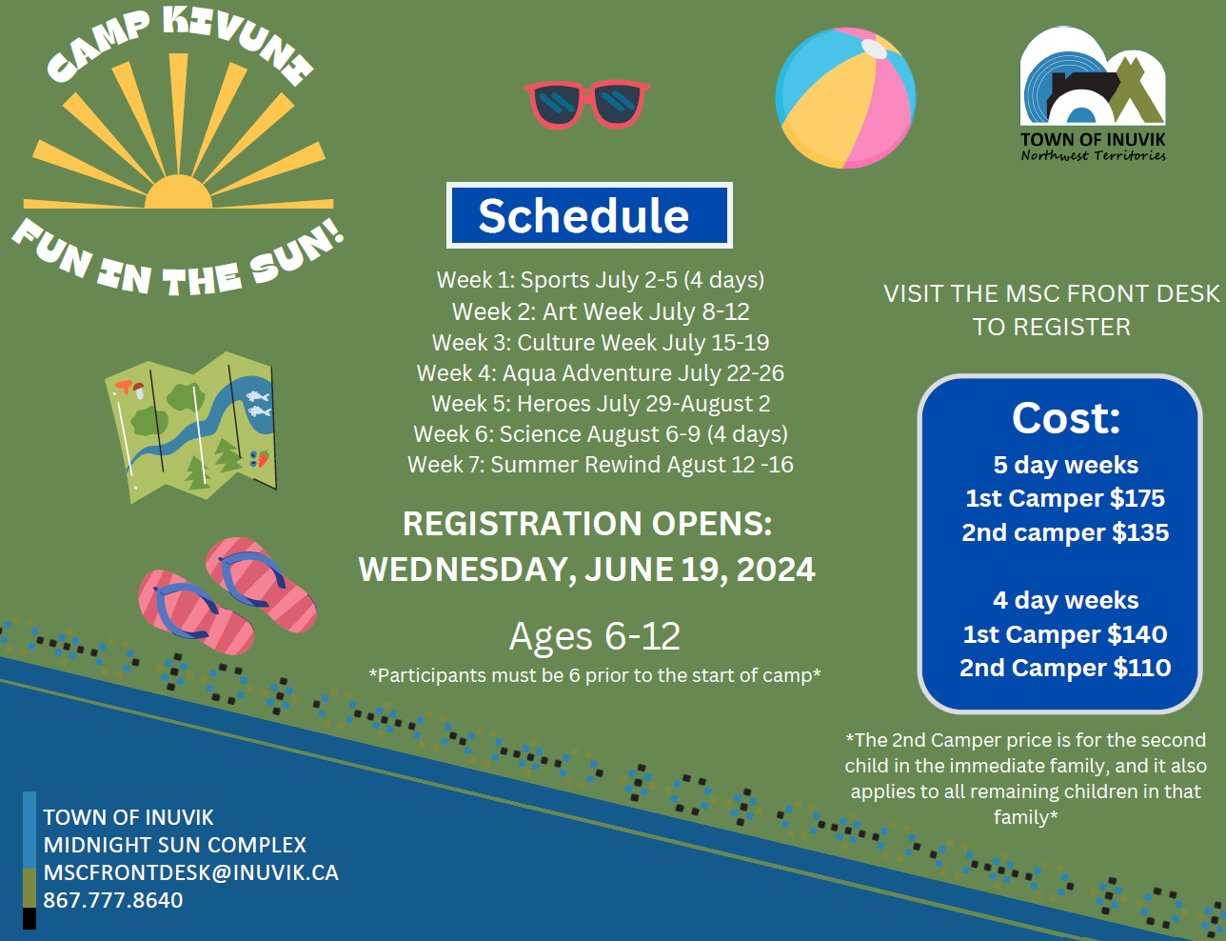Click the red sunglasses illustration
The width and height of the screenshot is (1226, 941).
coord(586,105)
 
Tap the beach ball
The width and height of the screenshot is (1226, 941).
coord(845,98)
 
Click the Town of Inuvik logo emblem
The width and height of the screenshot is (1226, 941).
coord(1093,76)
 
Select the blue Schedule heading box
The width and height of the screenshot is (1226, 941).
coord(589,215)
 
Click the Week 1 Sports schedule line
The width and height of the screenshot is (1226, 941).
coord(601,280)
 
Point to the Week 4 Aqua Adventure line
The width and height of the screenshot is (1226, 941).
coord(601,373)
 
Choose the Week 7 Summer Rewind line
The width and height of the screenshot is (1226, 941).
coord(601,465)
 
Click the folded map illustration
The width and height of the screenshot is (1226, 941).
coord(190,428)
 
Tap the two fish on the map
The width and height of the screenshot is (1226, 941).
coord(259,404)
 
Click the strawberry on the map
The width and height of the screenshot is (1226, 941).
coord(263,458)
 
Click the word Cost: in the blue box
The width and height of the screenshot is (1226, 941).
coord(1066,418)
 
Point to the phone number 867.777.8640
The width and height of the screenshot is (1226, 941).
coord(113,900)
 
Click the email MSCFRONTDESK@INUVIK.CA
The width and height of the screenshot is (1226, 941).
coord(190,872)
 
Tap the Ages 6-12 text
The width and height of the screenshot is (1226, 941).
coord(595,636)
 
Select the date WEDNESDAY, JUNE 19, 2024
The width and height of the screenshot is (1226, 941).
coord(586,569)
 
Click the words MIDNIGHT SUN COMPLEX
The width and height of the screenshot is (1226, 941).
coord(175,845)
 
